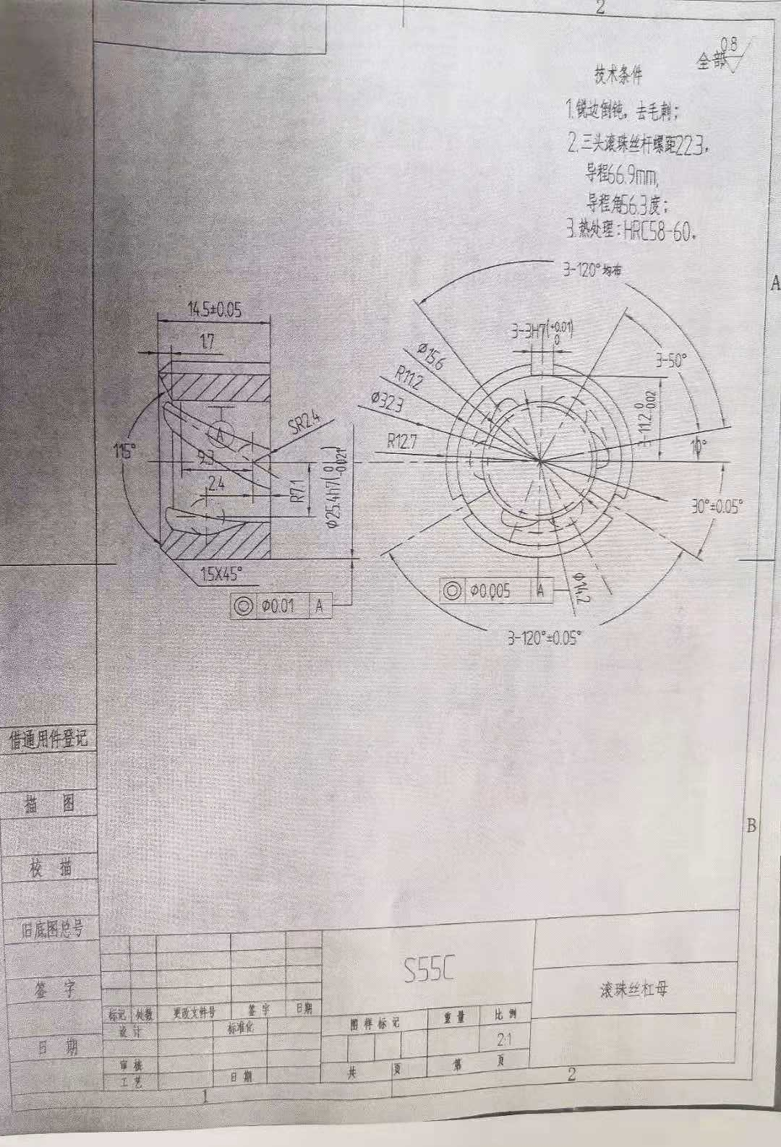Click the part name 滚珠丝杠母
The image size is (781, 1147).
628,989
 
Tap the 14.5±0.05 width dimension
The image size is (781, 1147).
215,309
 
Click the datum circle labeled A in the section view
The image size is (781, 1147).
221,434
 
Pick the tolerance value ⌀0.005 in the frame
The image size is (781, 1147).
490,590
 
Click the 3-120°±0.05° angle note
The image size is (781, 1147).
544,638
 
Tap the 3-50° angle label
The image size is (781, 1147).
670,361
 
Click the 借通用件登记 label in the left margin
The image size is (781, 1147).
48,739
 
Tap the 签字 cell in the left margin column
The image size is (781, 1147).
52,989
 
